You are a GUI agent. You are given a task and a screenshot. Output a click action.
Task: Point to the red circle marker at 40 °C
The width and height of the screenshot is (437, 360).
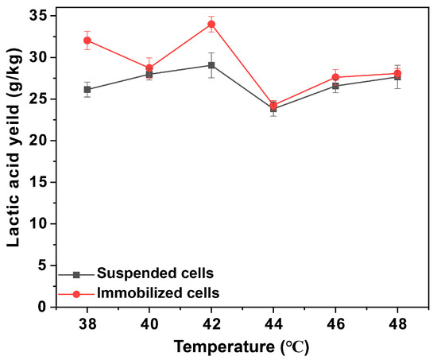[149, 68]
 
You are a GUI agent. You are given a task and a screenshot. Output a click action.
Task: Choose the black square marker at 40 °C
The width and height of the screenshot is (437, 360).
[149, 74]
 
